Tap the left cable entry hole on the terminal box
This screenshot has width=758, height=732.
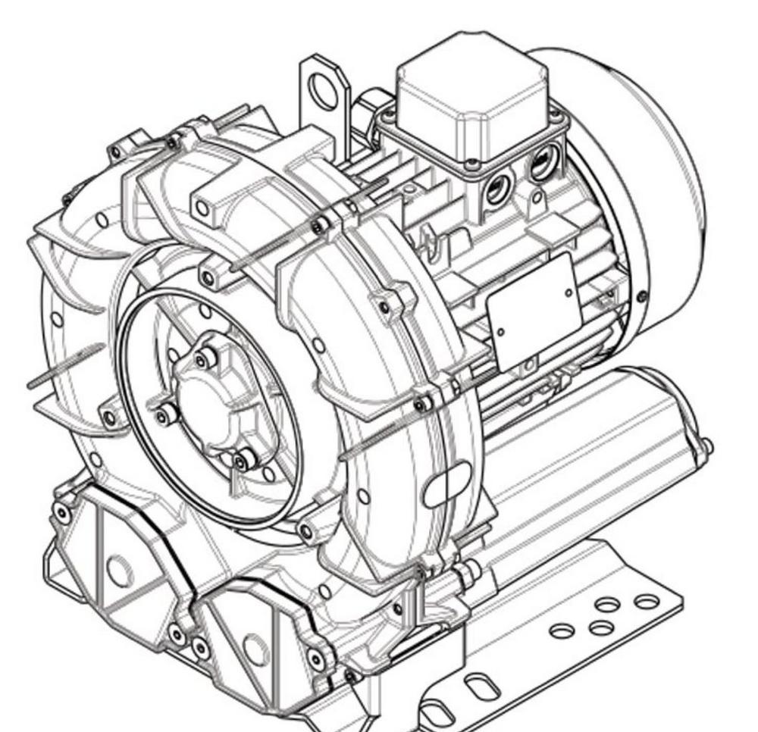(x=498, y=188)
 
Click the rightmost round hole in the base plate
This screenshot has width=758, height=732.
(x=647, y=602)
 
